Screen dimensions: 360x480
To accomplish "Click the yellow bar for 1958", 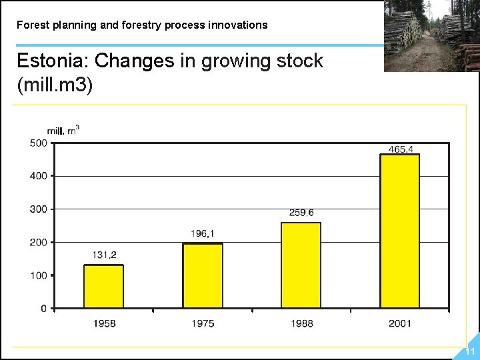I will [103, 287].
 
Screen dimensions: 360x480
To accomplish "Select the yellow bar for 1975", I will [203, 275].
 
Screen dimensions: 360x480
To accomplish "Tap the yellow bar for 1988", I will [301, 265].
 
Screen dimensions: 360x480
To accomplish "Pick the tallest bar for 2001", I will [399, 231].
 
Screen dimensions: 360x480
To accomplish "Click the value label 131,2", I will [103, 255].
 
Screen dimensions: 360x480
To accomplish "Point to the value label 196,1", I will [203, 233].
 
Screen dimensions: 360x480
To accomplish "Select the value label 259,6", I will [301, 213].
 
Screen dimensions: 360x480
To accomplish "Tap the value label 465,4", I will [400, 149].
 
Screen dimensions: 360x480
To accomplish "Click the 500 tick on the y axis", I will [38, 143].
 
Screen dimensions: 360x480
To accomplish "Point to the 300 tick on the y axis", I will [38, 209].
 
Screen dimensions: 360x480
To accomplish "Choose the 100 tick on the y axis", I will [38, 275].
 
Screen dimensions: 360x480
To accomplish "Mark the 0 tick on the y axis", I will [43, 309].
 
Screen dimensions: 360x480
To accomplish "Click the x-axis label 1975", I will [203, 323].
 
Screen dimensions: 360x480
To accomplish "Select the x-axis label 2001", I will [400, 323].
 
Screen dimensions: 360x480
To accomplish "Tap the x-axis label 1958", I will [104, 323].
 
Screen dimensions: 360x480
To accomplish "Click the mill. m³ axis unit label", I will [63, 130].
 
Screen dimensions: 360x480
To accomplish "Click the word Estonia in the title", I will [51, 61].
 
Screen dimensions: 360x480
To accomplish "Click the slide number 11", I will [470, 351].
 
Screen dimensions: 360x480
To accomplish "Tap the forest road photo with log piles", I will [431, 35].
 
